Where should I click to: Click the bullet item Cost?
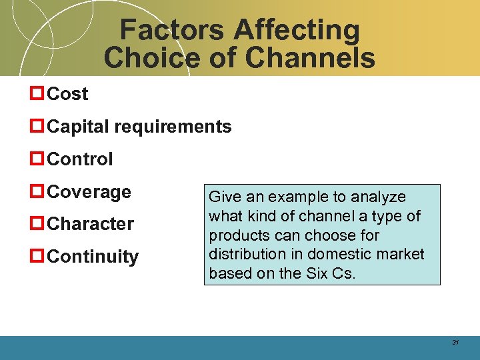coord(68,95)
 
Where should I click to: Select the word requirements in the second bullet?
coord(177,127)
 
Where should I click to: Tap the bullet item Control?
coord(81,159)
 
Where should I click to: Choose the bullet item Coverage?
coord(89,192)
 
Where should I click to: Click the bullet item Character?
coord(91,224)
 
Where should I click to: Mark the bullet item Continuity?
coord(93,257)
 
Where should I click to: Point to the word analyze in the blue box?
coord(379,197)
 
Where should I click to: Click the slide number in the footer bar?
coord(456,343)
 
